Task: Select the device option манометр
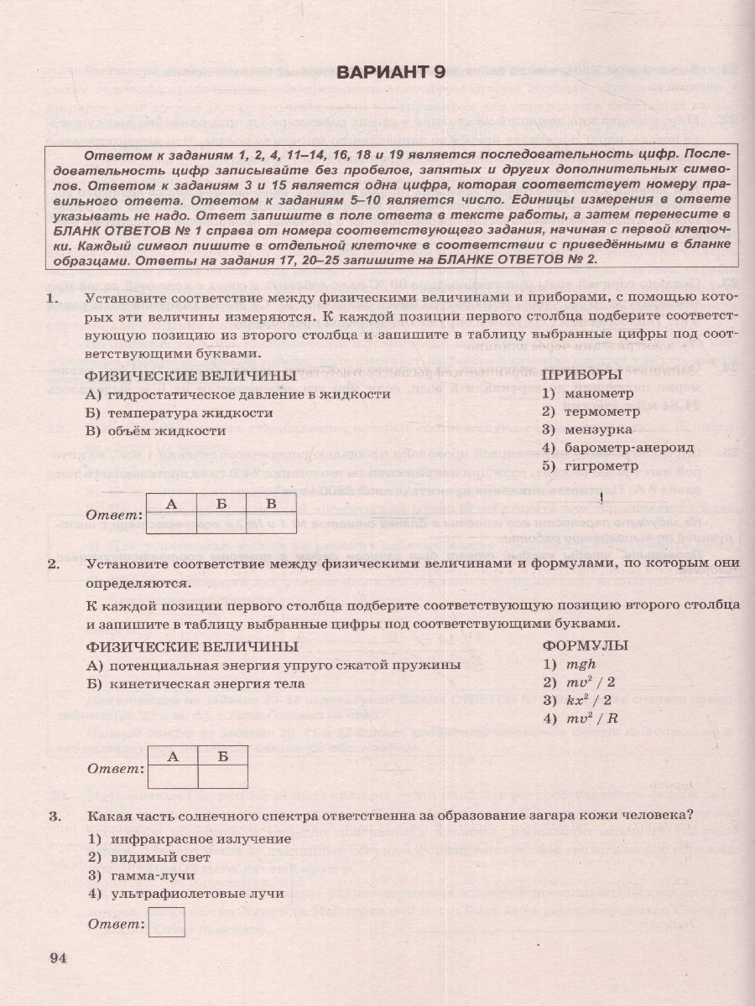594,392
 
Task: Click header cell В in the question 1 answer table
270,505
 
